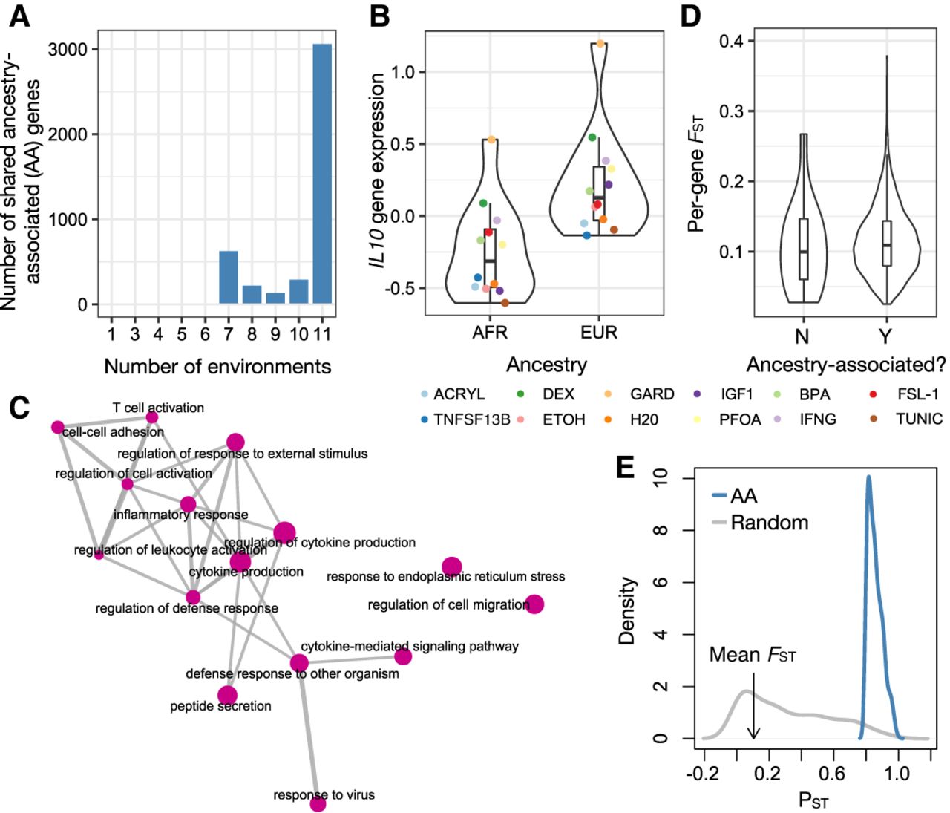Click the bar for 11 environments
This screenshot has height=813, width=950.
point(322,174)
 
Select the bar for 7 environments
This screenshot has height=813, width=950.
point(229,278)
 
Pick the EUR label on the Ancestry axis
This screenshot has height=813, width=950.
point(600,332)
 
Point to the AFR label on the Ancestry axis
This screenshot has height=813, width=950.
point(490,332)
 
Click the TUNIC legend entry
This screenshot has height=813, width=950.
point(919,419)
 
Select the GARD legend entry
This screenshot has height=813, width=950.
point(652,394)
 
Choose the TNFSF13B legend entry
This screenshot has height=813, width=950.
point(471,419)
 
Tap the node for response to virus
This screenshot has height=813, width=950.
point(318,804)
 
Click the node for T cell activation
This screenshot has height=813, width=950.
point(152,417)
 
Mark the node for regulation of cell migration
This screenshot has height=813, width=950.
point(534,604)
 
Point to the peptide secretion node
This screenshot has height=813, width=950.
point(227,696)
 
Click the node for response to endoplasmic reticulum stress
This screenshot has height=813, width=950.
point(451,567)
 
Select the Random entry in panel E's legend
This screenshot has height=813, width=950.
point(769,523)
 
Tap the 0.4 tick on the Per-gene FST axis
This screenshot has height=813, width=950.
point(732,40)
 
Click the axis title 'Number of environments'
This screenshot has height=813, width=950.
point(217,366)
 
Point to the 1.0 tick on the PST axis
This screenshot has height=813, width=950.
point(898,774)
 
